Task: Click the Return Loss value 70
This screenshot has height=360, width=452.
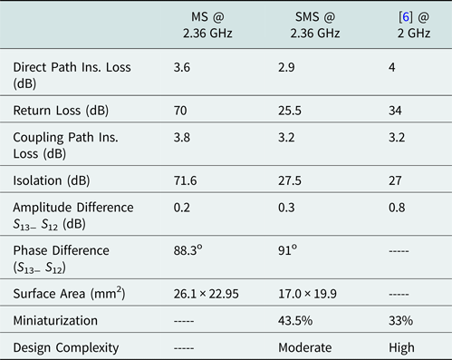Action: point(181,112)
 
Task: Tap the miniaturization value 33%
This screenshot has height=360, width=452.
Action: point(399,321)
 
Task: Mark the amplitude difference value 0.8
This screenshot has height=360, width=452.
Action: point(395,208)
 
